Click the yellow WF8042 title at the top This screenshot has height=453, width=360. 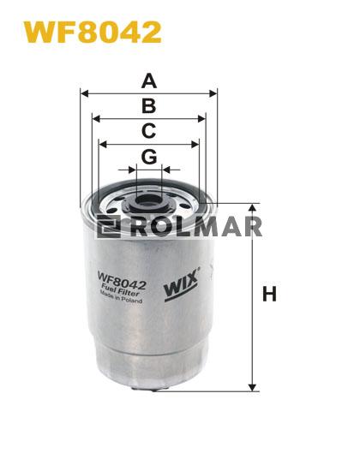[x=92, y=32]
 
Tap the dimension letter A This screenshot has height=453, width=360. [x=149, y=80]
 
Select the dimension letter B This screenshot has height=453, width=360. [x=149, y=106]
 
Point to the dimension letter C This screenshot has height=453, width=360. [x=149, y=130]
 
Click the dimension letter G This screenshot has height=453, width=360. [x=149, y=157]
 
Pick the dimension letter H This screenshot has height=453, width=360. [x=269, y=294]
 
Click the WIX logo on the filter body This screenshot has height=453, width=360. [x=182, y=284]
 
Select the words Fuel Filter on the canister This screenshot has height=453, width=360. [x=120, y=290]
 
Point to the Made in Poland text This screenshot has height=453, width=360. [x=121, y=297]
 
